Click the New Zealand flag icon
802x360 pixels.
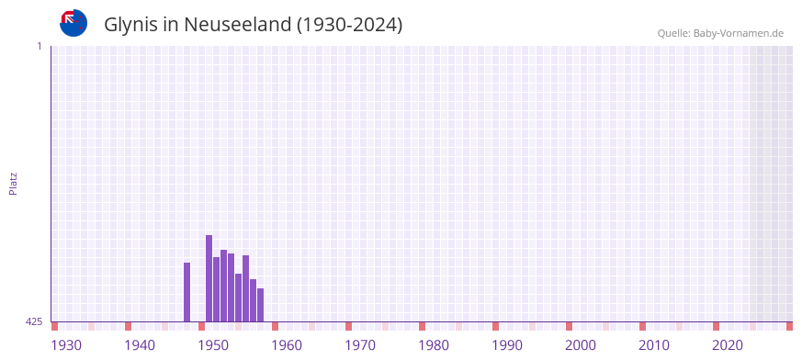point(73,23)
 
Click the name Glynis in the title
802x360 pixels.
point(132,25)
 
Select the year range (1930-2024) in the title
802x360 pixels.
point(349,25)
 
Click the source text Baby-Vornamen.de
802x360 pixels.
point(739,33)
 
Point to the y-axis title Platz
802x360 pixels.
point(13,183)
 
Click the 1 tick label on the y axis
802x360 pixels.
point(39,46)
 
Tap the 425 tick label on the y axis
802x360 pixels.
point(34,321)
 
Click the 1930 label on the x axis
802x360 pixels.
point(66,345)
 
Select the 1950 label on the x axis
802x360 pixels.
point(213,345)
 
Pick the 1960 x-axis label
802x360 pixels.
point(287,345)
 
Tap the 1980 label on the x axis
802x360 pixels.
point(434,345)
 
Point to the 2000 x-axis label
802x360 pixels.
point(581,345)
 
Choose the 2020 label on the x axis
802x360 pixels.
point(728,345)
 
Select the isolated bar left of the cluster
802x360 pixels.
point(186,292)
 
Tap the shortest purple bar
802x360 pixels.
point(260,305)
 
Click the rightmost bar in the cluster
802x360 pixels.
point(260,305)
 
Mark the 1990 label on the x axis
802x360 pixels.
point(507,345)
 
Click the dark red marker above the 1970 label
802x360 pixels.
point(348,326)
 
